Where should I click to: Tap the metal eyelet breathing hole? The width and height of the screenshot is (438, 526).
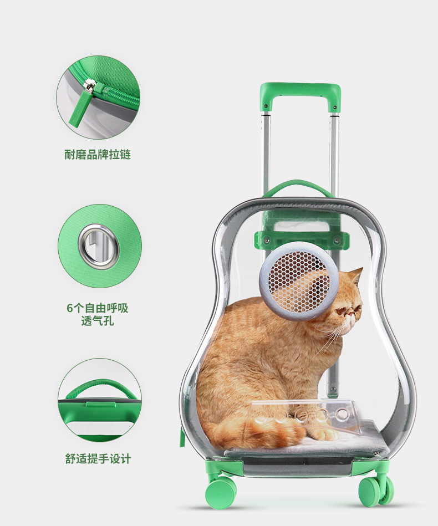[98, 247]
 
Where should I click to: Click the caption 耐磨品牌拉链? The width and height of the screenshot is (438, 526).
[98, 155]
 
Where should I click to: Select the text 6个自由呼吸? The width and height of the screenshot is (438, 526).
[98, 309]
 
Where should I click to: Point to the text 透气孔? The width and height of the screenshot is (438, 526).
[98, 321]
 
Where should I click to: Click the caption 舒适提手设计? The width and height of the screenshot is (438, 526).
[98, 459]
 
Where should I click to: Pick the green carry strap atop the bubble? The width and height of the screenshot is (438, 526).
[299, 186]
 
